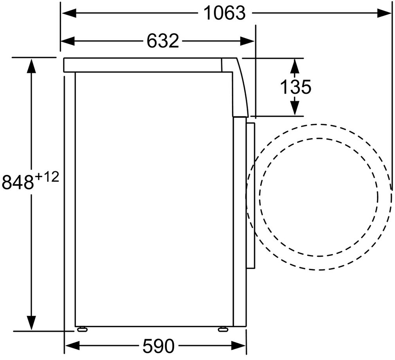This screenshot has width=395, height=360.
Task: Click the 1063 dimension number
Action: click(224, 13)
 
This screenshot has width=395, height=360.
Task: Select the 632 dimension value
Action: click(163, 41)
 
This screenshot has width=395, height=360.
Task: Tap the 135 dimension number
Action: click(296, 87)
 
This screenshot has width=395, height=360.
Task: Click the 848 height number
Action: click(18, 182)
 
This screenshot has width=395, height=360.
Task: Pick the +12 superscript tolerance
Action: click(47, 177)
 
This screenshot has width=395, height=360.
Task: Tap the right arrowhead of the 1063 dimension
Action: click(384, 13)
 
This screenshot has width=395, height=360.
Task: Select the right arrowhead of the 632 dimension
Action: click(247, 41)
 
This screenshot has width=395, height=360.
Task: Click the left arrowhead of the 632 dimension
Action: click(68, 41)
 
